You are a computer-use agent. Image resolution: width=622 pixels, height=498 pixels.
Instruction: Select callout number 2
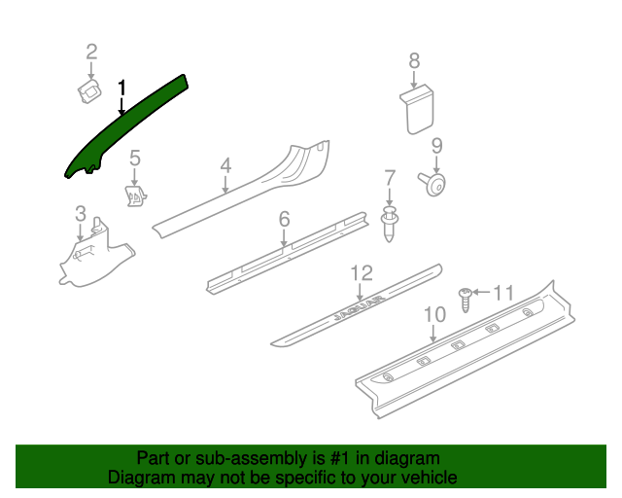(91, 52)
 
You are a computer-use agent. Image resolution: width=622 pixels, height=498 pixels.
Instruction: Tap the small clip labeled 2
(89, 91)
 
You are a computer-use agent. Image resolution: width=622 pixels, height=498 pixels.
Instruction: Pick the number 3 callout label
(81, 214)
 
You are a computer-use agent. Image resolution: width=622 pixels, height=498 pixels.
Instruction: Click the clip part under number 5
(136, 196)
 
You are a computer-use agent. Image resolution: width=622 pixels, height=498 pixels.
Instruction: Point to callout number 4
(225, 165)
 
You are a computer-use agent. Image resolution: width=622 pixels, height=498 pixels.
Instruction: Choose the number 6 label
(285, 219)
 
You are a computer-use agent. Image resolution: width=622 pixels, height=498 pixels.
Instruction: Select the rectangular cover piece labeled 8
(417, 109)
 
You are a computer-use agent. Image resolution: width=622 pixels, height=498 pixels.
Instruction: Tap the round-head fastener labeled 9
(432, 184)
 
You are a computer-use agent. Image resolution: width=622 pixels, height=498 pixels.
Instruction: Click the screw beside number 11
(466, 300)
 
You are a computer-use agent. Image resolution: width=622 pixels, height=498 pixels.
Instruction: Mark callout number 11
(503, 293)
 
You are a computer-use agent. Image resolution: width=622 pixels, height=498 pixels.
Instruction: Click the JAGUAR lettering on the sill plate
(359, 307)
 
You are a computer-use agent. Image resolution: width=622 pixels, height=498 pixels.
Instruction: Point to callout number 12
(362, 273)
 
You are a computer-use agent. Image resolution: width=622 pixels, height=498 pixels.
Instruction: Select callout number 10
(434, 314)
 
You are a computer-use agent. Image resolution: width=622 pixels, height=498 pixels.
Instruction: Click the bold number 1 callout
(121, 88)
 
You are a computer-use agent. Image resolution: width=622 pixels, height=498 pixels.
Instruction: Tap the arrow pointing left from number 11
(482, 293)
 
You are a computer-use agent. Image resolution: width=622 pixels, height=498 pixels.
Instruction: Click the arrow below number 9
(436, 164)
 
